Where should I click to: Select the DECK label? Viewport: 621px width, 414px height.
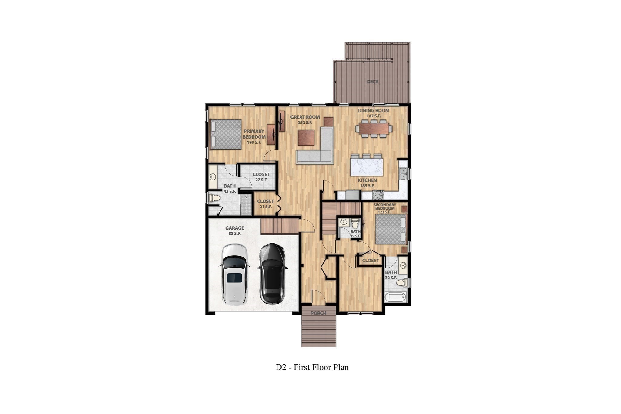point(372,82)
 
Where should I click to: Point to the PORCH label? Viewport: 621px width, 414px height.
point(319,313)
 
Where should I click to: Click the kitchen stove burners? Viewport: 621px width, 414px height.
point(378,195)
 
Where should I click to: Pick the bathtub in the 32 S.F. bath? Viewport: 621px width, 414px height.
point(395,297)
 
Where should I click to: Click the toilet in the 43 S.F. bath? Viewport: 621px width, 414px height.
point(215,198)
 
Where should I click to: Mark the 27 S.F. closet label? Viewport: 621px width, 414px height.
point(261,177)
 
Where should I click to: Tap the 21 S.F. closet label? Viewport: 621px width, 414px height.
point(265,204)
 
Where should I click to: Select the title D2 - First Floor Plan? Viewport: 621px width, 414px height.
point(312,367)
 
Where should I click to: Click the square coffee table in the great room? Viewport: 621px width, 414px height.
point(307,138)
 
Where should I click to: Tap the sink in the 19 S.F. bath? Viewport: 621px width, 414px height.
point(344,222)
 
